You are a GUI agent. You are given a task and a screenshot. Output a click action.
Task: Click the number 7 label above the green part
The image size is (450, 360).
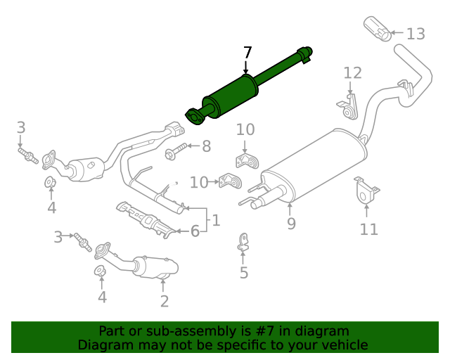pos(247,53)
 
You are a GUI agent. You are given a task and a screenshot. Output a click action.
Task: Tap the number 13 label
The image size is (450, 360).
pos(416,33)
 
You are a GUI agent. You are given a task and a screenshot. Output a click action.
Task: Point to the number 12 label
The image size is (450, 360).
pos(352,72)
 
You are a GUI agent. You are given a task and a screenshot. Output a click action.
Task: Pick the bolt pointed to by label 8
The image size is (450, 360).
pos(176,150)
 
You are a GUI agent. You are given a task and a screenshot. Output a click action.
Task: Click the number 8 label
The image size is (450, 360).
pos(206,146)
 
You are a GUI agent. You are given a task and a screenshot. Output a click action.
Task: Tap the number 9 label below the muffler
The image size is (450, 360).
pos(290,224)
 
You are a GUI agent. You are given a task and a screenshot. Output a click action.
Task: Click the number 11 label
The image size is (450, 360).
pos(368,229)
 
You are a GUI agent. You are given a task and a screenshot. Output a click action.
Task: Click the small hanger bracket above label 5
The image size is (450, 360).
pos(243,241)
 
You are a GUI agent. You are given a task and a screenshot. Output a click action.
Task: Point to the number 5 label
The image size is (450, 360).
pos(243,273)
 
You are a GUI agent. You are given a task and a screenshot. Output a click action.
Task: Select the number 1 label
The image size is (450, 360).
pos(216,220)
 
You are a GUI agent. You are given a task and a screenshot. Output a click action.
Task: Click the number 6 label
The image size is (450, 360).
pos(195,230)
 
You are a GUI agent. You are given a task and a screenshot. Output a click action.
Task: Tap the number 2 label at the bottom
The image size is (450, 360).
pos(164,302)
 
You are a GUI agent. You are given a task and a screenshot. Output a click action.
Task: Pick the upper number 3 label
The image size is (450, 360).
pos(21,127)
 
